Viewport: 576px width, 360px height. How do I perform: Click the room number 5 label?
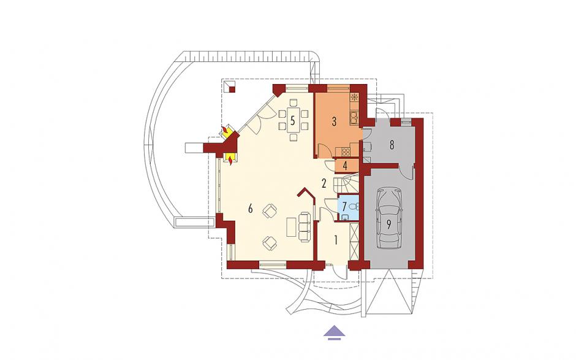point(292,120)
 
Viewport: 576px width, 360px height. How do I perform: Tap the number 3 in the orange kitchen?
point(334,121)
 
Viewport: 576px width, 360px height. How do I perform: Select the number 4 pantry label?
point(345,166)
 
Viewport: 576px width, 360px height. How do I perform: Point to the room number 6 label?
point(251,209)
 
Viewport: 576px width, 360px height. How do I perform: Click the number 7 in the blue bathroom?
point(344,207)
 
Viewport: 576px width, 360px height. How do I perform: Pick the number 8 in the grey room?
point(392,145)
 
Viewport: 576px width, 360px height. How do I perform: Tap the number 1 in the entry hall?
point(335,240)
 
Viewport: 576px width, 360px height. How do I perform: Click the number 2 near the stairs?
point(324,183)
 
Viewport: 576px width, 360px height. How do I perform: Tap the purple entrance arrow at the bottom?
point(335,331)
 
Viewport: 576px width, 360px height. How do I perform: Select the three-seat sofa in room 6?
point(305,226)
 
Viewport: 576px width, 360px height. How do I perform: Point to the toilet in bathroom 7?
point(355,207)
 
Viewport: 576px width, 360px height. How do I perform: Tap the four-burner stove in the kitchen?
point(346,150)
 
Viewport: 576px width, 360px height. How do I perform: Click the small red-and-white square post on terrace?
point(230,87)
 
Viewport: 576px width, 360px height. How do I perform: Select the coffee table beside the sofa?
point(291,226)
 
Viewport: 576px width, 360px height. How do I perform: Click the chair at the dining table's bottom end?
point(293,138)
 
